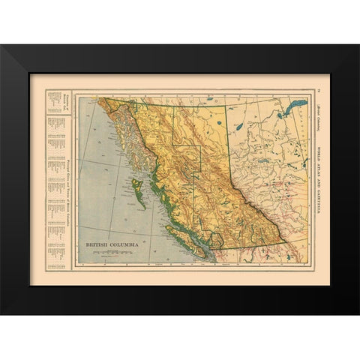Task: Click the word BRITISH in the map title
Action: click(x=99, y=245)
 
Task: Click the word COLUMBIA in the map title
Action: click(x=124, y=245)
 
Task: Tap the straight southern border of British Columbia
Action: click(x=247, y=247)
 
